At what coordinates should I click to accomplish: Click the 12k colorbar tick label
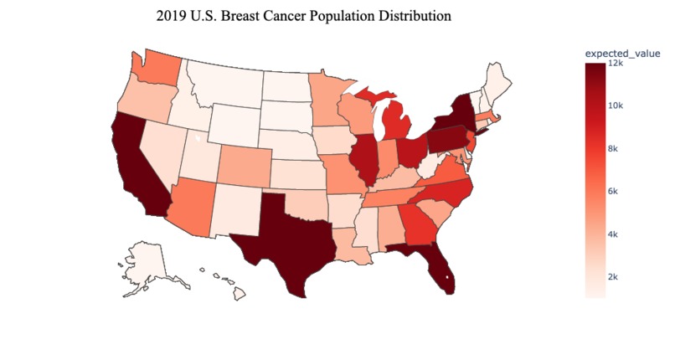(x=615, y=63)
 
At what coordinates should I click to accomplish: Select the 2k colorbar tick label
(x=613, y=276)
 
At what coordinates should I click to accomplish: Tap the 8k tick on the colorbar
(x=613, y=148)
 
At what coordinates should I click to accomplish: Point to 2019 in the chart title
(x=172, y=16)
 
